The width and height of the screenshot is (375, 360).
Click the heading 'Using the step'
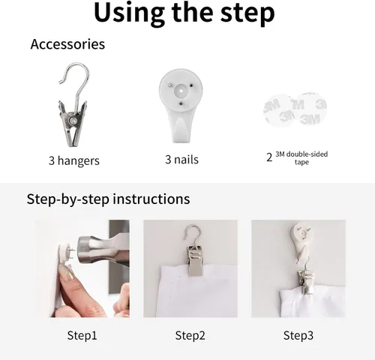coord(184,13)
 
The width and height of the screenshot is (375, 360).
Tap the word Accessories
coord(67,44)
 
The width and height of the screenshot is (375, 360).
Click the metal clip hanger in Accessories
coord(73,105)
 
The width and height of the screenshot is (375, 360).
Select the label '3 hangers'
coord(74,160)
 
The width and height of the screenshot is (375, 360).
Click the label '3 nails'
coord(181,160)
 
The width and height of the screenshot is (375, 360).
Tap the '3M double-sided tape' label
coord(301,157)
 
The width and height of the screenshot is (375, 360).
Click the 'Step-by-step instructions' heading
coord(108,199)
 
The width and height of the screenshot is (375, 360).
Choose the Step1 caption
coord(82,335)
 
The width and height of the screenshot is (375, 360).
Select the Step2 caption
coord(190,335)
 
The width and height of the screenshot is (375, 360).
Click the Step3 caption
coord(298,335)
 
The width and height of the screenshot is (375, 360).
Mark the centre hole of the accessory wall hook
coord(181,91)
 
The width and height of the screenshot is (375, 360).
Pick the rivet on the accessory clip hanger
coord(73,121)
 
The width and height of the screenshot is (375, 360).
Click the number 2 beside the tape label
coord(269,157)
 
